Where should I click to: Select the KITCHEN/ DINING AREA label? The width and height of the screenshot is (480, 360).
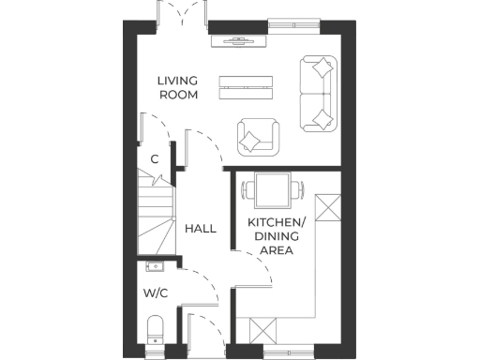click(x=277, y=235)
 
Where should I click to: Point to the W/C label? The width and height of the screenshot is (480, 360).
click(x=156, y=293)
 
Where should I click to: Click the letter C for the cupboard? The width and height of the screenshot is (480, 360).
click(x=155, y=159)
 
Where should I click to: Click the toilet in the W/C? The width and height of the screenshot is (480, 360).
click(x=156, y=329)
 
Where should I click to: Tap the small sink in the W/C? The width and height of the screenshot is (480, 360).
click(x=156, y=267)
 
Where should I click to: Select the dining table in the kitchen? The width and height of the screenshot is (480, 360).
click(x=273, y=191)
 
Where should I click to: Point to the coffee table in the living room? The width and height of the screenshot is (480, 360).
click(x=246, y=86)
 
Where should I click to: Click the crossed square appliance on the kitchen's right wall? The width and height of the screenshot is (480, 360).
click(x=328, y=208)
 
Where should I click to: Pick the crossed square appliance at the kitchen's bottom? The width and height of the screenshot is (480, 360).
click(x=262, y=330)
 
